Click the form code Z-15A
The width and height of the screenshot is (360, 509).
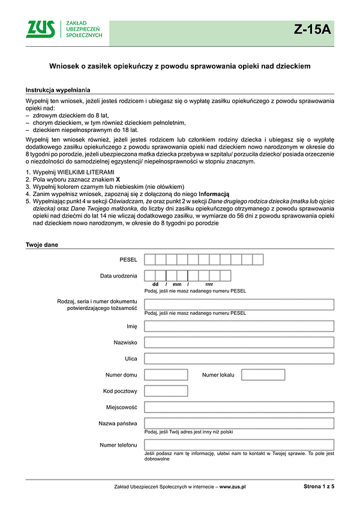coord(312,29)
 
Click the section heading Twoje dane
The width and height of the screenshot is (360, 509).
coord(41,245)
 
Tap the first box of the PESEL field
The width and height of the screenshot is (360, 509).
coord(150,260)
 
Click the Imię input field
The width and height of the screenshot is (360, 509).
coord(239,326)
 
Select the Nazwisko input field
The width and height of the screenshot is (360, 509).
coord(239,342)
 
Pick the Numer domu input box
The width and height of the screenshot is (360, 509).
coord(166,375)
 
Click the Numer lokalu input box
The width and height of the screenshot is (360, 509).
coord(263,375)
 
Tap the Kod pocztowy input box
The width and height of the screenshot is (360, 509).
coord(166,391)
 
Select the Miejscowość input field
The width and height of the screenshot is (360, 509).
coord(239,407)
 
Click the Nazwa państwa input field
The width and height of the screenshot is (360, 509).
coord(239,423)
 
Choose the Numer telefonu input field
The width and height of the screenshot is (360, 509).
coord(239,445)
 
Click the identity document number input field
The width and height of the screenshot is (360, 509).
coord(239,304)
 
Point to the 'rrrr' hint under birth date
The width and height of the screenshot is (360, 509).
coord(209,284)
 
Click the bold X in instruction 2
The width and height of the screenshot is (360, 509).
coord(118,179)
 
